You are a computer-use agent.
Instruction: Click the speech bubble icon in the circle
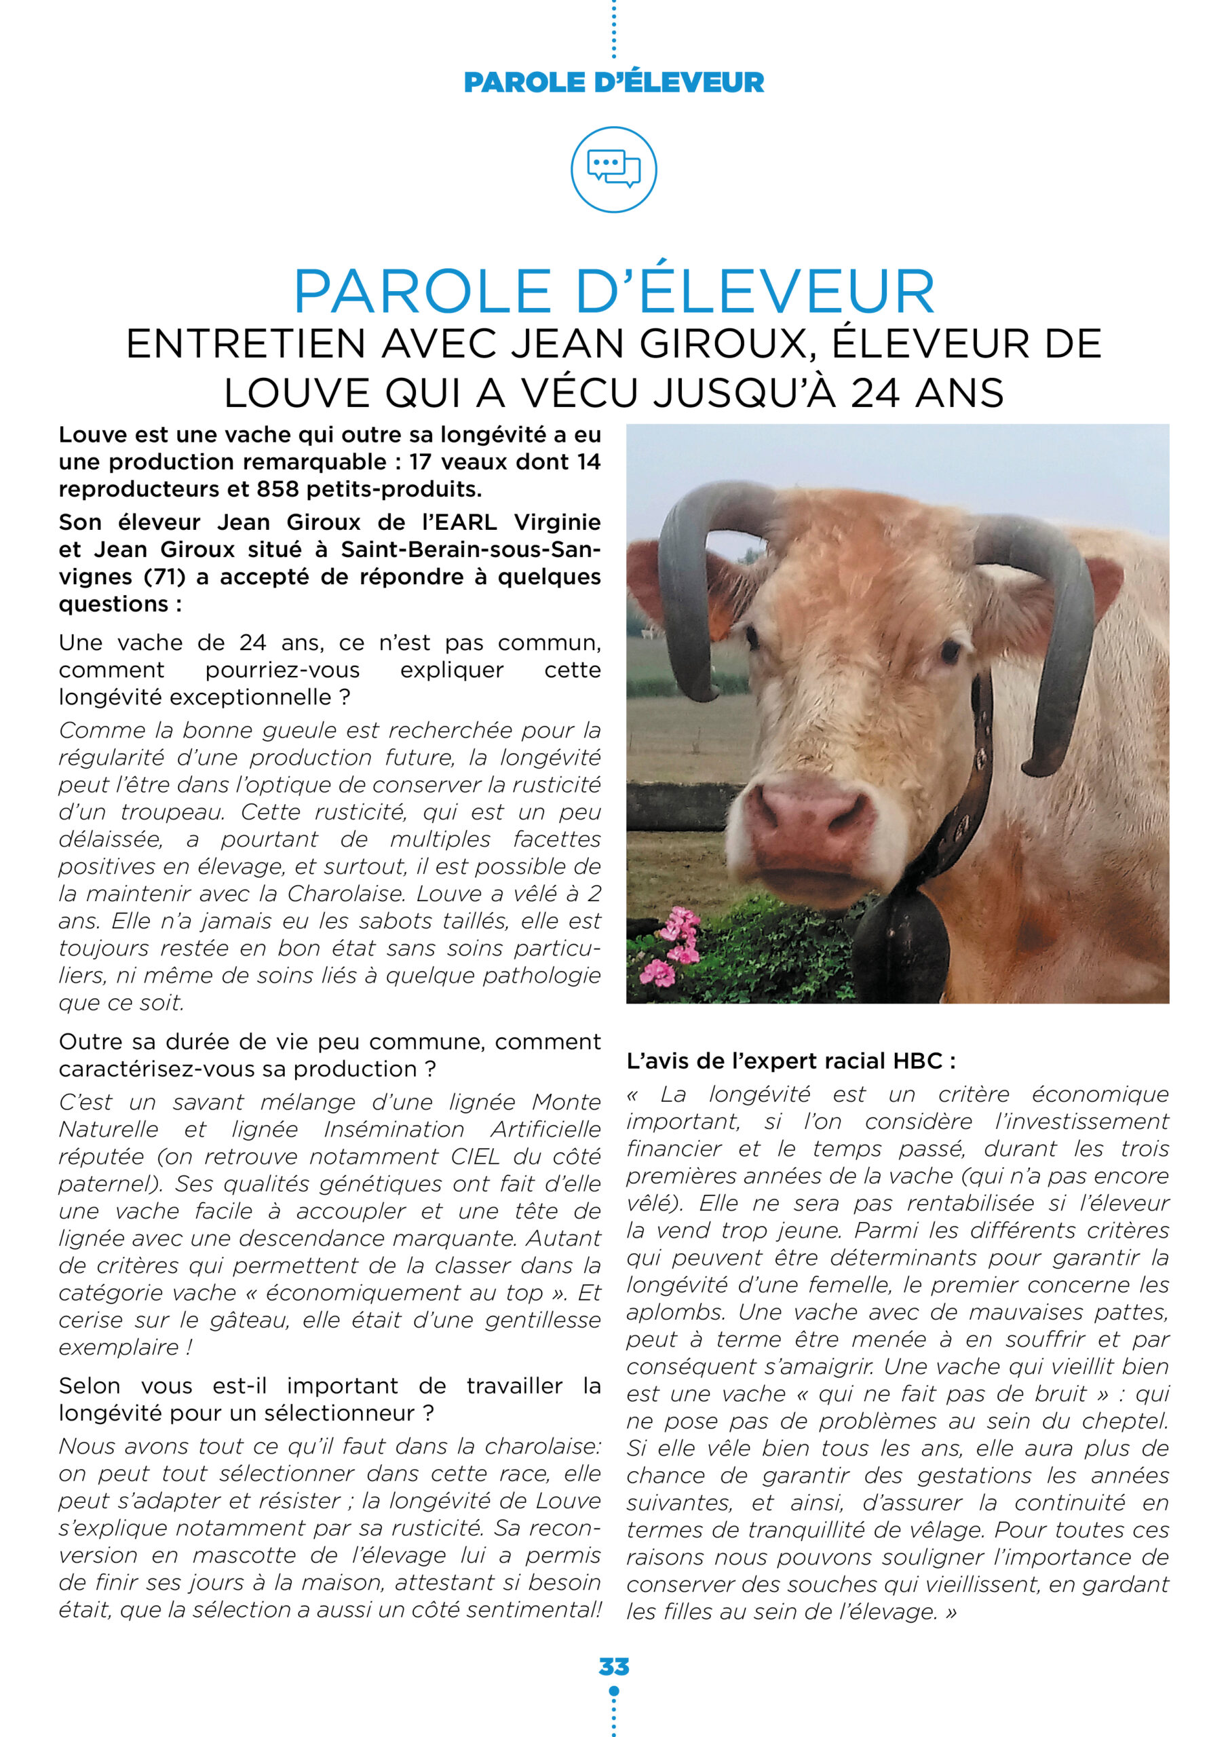[x=613, y=169]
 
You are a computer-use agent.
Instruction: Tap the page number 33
[x=613, y=1666]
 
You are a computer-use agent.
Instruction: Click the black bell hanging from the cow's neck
[x=900, y=946]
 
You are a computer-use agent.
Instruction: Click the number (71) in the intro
[x=164, y=577]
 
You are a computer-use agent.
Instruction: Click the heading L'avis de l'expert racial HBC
[x=790, y=1061]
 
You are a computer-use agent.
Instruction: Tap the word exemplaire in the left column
[x=119, y=1348]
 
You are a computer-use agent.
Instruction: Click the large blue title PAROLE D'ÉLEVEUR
[x=613, y=291]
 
